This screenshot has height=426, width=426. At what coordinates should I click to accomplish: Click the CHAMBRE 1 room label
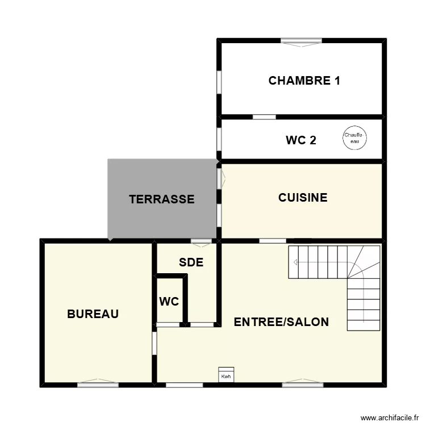pyautogui.click(x=304, y=81)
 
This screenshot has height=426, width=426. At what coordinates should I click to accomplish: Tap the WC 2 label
pyautogui.click(x=301, y=140)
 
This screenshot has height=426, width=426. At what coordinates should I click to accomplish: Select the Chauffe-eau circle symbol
pyautogui.click(x=354, y=138)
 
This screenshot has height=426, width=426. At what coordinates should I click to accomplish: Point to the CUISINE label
pyautogui.click(x=303, y=198)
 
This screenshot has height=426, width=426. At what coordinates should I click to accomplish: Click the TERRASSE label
pyautogui.click(x=162, y=199)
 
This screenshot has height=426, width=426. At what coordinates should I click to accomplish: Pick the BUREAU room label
pyautogui.click(x=93, y=314)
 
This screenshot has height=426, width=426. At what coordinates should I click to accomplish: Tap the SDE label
pyautogui.click(x=191, y=262)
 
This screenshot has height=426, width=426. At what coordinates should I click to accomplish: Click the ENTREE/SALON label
pyautogui.click(x=281, y=322)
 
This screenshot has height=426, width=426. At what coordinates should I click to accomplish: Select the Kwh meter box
pyautogui.click(x=226, y=375)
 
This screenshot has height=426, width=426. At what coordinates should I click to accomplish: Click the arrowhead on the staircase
pyautogui.click(x=295, y=262)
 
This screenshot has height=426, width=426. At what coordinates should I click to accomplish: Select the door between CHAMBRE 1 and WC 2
pyautogui.click(x=264, y=117)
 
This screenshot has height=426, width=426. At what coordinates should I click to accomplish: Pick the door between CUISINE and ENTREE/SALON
pyautogui.click(x=273, y=241)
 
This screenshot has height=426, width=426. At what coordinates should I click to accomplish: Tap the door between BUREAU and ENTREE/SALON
pyautogui.click(x=154, y=343)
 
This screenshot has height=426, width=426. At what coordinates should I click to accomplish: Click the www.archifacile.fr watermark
pyautogui.click(x=390, y=417)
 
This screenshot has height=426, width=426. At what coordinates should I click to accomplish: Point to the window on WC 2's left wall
pyautogui.click(x=219, y=140)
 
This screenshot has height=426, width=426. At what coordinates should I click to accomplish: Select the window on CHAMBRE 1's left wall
pyautogui.click(x=219, y=82)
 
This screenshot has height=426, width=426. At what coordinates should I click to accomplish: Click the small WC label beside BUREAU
pyautogui.click(x=169, y=302)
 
